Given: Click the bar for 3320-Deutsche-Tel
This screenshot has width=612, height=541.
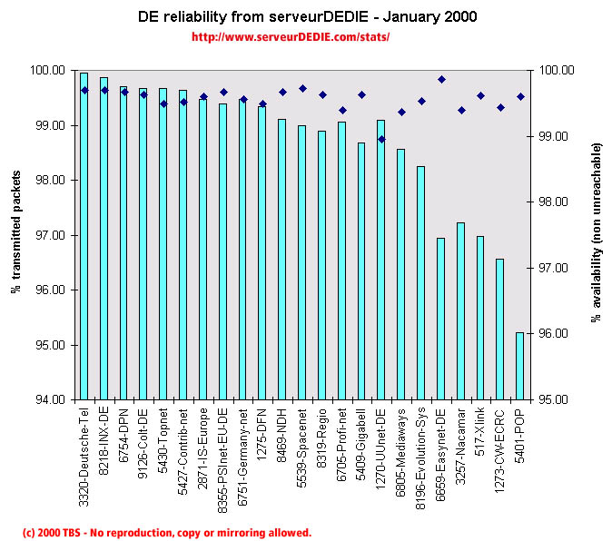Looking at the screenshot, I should click(84, 236).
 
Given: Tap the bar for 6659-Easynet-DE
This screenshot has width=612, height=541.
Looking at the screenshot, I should click(441, 319).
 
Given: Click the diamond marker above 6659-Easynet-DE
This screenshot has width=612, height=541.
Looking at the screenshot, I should click(441, 80).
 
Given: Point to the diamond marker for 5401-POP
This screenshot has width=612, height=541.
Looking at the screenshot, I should click(520, 96).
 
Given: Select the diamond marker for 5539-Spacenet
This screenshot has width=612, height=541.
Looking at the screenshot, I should click(302, 89).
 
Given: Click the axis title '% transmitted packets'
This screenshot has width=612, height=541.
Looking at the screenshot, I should click(15, 234).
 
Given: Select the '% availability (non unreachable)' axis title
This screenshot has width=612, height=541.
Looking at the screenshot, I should click(597, 234).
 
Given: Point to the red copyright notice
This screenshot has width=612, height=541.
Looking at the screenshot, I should click(166, 533).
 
